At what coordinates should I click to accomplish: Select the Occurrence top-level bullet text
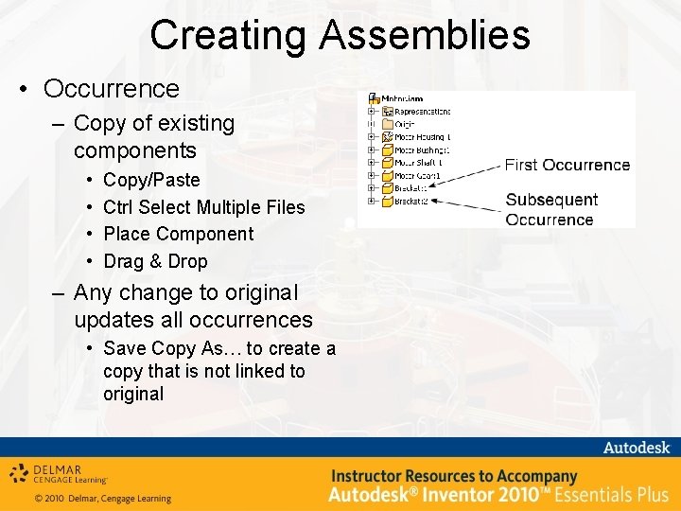[x=111, y=89]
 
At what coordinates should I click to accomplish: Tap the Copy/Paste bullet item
[x=151, y=180]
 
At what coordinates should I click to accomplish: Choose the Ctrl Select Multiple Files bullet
[x=203, y=207]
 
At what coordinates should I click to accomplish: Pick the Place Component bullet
[x=178, y=234]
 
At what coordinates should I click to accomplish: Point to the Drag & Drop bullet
[x=155, y=261]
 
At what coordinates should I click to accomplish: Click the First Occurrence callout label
[x=567, y=165]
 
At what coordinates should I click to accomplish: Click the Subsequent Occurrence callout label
[x=551, y=209]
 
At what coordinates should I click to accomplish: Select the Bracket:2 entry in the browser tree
[x=410, y=201]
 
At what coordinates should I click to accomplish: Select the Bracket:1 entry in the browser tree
[x=410, y=188]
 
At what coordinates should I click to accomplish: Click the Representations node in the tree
[x=421, y=111]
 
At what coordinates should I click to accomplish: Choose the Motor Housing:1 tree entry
[x=421, y=137]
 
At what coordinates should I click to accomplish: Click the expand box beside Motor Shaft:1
[x=373, y=163]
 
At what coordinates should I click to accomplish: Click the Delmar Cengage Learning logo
[x=61, y=473]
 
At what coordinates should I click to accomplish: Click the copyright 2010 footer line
[x=103, y=499]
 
